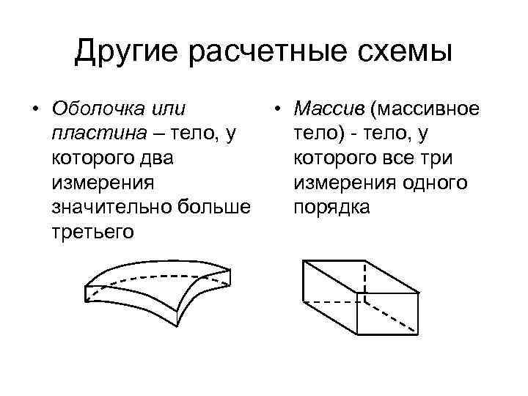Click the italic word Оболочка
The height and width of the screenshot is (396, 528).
click(x=97, y=109)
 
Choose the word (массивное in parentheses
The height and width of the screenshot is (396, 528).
click(x=425, y=109)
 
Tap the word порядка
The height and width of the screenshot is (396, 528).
click(x=331, y=208)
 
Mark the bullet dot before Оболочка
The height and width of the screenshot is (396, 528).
click(x=34, y=110)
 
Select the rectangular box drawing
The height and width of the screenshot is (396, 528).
click(x=360, y=297)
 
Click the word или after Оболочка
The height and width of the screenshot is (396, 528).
click(x=166, y=109)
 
